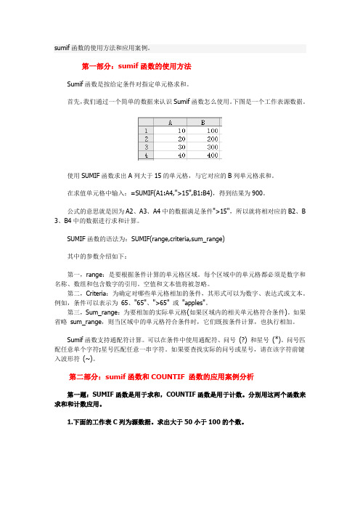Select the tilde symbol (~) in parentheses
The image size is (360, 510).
click(x=88, y=358)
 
